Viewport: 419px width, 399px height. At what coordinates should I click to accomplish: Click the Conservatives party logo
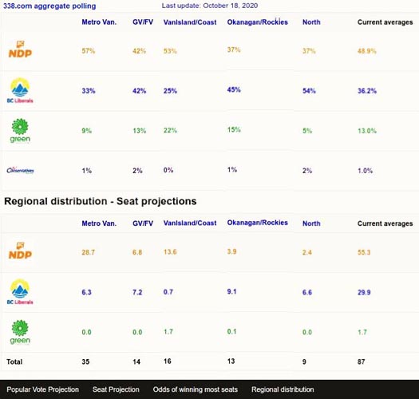(20, 170)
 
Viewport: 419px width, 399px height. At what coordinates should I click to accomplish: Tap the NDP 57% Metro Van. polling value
(89, 51)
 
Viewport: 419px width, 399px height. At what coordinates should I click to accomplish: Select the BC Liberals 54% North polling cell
(310, 90)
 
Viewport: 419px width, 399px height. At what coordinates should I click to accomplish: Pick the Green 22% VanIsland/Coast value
(169, 130)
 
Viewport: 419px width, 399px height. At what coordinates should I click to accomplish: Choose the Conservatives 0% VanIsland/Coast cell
(168, 170)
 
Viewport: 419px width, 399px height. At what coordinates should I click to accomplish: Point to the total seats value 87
(362, 361)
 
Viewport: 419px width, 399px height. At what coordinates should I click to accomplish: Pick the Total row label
(14, 361)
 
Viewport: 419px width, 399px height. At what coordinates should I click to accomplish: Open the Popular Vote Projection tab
(42, 389)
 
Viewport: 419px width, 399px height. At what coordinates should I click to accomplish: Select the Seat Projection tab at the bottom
(116, 389)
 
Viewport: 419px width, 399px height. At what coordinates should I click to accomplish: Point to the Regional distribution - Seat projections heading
(100, 201)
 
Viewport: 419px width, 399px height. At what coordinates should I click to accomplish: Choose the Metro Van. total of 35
(87, 361)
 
